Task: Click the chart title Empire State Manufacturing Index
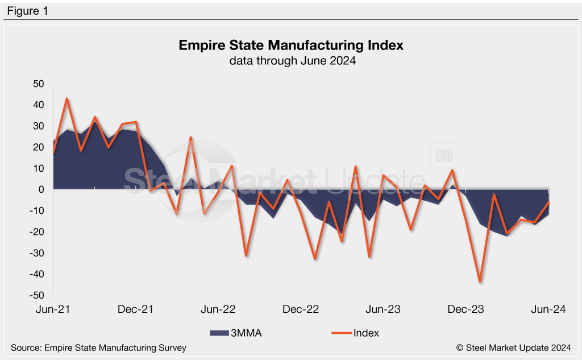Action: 291,45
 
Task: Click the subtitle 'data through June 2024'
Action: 291,61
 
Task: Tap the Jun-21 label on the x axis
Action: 53,309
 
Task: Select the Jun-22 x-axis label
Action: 218,309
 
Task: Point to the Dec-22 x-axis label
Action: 301,309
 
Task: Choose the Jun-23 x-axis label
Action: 383,309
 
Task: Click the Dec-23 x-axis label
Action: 466,309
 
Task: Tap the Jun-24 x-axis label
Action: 548,309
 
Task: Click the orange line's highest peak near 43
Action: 67,98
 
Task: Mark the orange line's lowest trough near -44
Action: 480,282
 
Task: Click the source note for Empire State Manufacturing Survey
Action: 98,347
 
